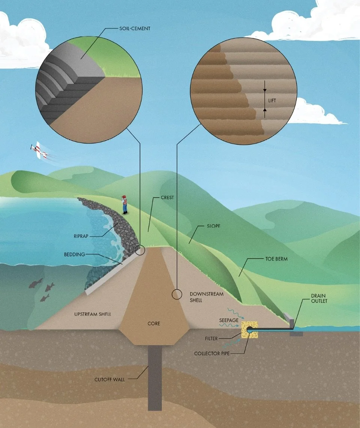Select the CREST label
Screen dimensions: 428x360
click(x=167, y=197)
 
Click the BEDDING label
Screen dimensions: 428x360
click(x=75, y=254)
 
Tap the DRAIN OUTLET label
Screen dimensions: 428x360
click(x=319, y=298)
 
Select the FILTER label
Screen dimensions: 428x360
click(x=211, y=339)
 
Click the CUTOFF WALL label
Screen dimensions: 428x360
click(x=109, y=380)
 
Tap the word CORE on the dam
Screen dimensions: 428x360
click(x=154, y=323)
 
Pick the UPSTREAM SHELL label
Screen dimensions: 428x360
click(x=93, y=313)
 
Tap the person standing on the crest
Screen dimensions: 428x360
click(x=124, y=204)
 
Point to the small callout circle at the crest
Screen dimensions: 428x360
click(x=140, y=250)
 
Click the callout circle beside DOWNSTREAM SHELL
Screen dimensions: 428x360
click(x=177, y=294)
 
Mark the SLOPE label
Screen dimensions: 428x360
click(x=213, y=227)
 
